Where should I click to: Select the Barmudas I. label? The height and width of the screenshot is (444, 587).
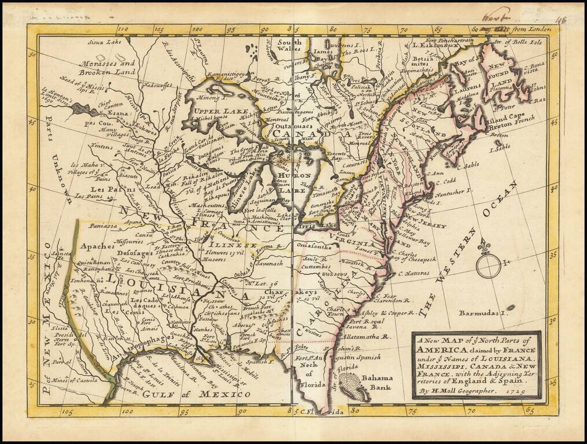click(x=483, y=313)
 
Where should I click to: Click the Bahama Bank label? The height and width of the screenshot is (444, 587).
click(x=378, y=382)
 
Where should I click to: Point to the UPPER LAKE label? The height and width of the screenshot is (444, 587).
click(x=213, y=110)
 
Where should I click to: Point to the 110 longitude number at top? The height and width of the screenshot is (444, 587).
click(x=122, y=28)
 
